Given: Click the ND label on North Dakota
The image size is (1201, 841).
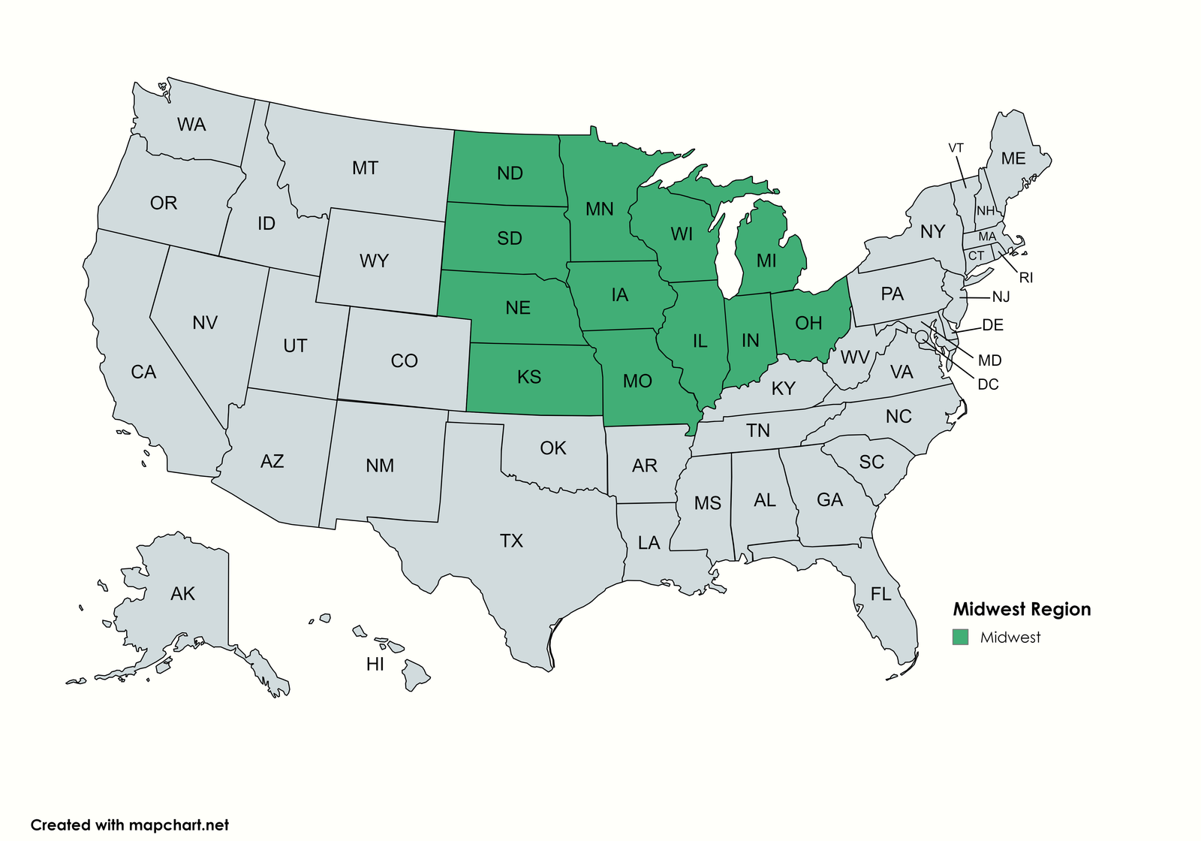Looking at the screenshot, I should click(510, 173).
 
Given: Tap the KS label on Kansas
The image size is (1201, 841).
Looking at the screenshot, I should click(529, 376).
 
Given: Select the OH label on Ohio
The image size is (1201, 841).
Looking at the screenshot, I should click(808, 323).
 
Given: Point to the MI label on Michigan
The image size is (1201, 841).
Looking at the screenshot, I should click(766, 261).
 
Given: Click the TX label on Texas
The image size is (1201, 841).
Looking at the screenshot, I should click(511, 541).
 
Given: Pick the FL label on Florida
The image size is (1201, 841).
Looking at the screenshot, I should click(880, 595).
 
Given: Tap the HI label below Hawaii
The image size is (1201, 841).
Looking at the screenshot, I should click(375, 664).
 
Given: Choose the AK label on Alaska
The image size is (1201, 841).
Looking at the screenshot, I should click(182, 594).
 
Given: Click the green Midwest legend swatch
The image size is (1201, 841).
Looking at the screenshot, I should click(960, 637).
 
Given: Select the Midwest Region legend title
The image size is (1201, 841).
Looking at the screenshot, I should click(1022, 609).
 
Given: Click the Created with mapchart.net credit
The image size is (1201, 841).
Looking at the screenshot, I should click(129, 824).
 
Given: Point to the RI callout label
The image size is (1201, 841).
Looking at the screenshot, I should click(1026, 278).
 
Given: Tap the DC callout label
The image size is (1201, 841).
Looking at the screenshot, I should click(988, 384).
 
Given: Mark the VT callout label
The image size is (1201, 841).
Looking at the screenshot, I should click(956, 148).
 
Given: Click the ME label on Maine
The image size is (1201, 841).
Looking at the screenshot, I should click(1013, 158).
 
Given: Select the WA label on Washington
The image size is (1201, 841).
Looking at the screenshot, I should click(191, 125).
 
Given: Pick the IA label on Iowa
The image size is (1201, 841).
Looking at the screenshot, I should click(619, 295).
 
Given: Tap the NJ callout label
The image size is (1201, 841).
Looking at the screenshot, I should click(1001, 297).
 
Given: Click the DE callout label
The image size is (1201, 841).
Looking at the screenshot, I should click(992, 325).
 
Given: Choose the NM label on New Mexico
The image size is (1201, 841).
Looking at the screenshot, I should click(380, 466).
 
